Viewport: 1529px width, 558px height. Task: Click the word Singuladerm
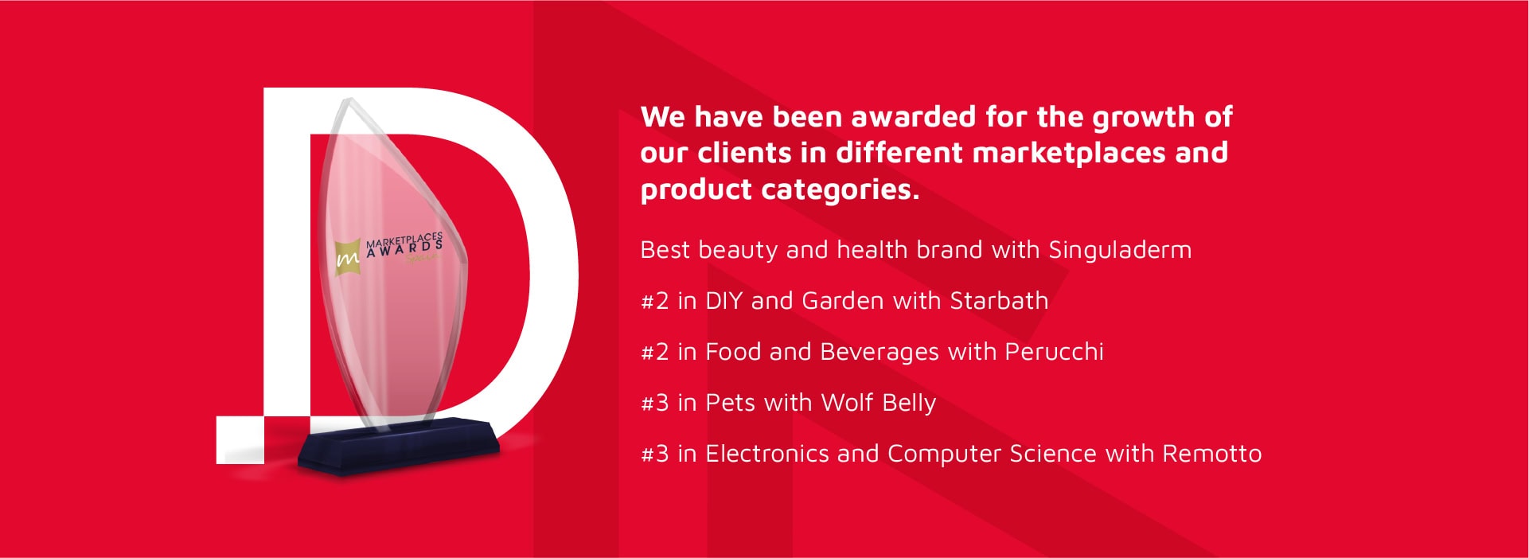(x=1120, y=250)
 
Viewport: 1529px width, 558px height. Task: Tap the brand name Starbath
(x=999, y=301)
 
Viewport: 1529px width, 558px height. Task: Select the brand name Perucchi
(x=1054, y=352)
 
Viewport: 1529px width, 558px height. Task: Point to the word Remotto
(x=1212, y=454)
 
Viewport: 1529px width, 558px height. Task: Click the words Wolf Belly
(x=878, y=404)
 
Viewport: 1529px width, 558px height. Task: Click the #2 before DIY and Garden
(x=655, y=301)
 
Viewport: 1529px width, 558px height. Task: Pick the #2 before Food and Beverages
(x=655, y=352)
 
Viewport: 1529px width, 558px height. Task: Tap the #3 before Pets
(x=655, y=403)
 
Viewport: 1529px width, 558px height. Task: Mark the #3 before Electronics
(x=655, y=454)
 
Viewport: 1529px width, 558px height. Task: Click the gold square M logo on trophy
(x=348, y=257)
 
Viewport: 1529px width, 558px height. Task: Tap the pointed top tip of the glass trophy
(x=348, y=100)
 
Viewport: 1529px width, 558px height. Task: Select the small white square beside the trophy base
(x=240, y=439)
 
